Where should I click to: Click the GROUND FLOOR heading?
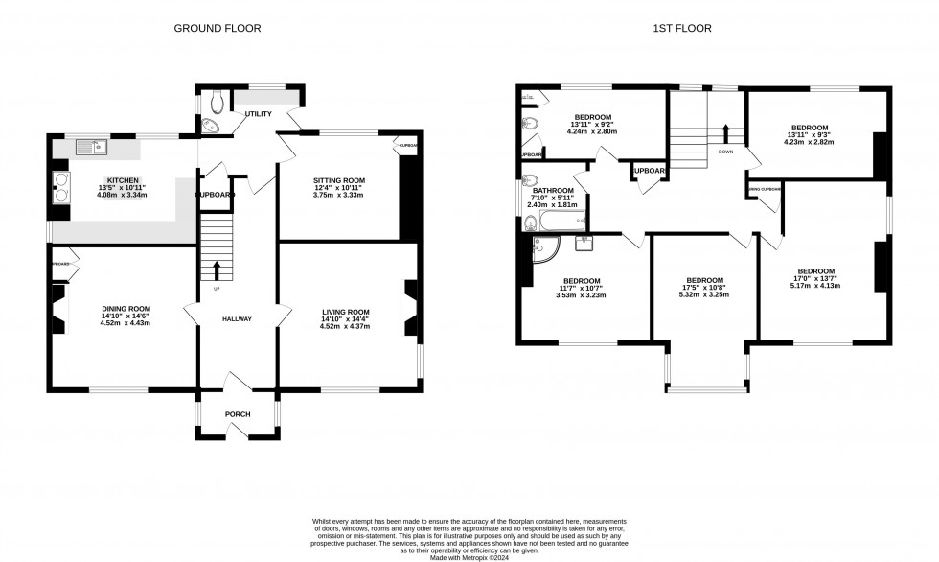(217, 29)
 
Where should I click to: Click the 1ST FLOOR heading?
(681, 29)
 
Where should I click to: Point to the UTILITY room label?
(258, 114)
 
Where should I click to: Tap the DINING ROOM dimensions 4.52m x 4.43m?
(126, 323)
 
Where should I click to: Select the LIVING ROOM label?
(345, 312)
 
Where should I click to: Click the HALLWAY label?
(237, 319)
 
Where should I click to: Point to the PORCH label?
(237, 414)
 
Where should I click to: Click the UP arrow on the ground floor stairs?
(216, 270)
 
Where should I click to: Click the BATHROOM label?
(552, 191)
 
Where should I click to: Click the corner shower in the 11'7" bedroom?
(543, 250)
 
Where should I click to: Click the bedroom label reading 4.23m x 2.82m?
(810, 142)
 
